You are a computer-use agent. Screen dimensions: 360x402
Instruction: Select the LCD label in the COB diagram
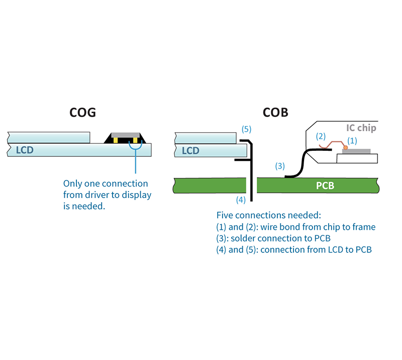[x=191, y=150]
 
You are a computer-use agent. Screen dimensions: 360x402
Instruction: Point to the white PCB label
[x=325, y=186]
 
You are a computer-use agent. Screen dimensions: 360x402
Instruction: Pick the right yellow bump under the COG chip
[x=134, y=140]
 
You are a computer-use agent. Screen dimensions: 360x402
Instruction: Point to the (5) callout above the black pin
[x=246, y=129]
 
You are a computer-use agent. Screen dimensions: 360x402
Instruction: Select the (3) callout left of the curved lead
[x=280, y=165]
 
